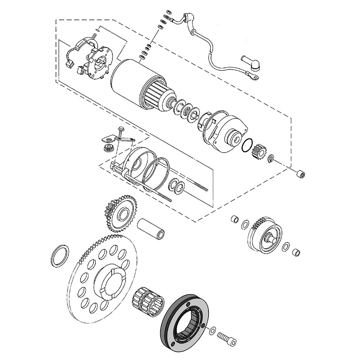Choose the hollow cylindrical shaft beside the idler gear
tap(151, 228)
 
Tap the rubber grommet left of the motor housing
tap(108, 148)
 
